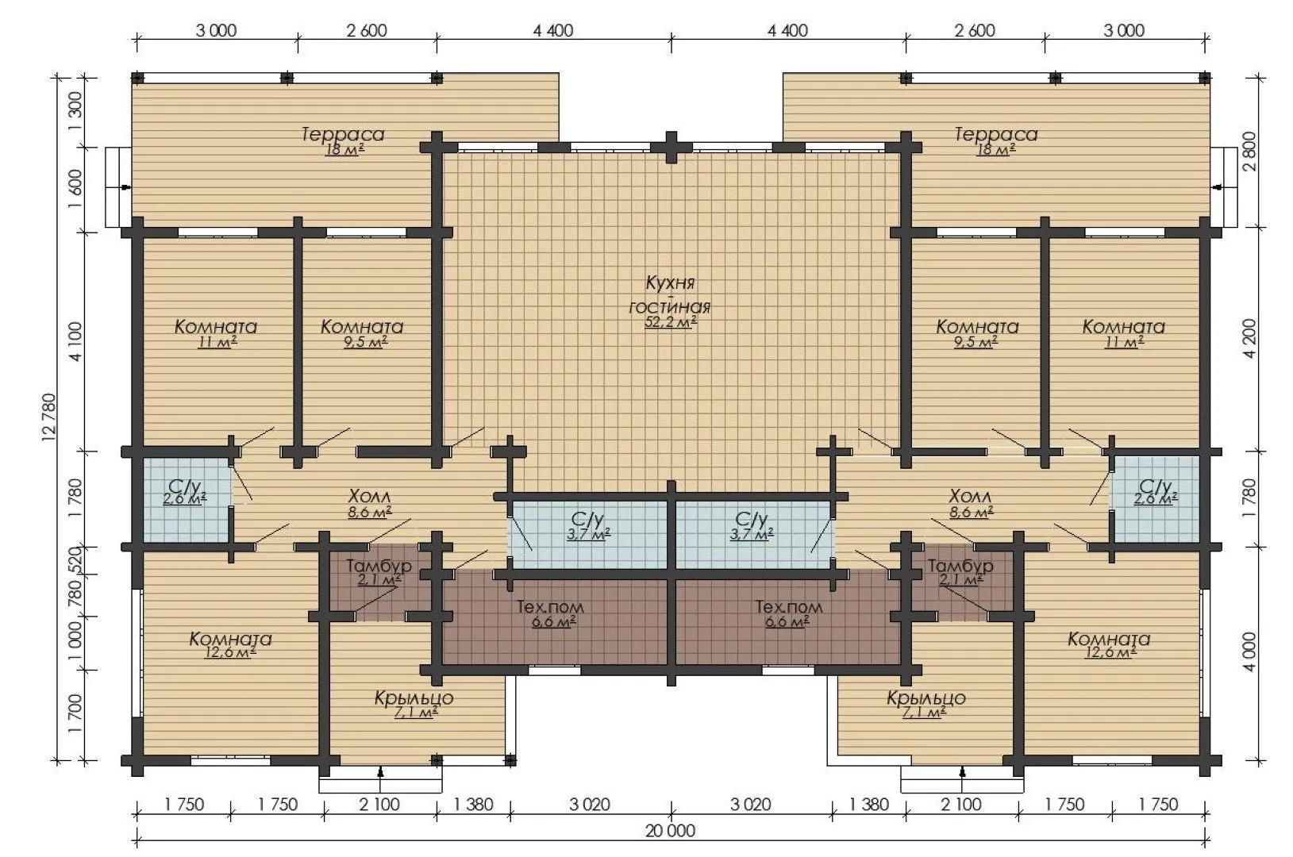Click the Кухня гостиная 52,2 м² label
click(x=670, y=302)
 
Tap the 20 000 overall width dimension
click(x=670, y=831)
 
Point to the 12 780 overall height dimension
click(x=50, y=417)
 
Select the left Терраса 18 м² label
click(x=343, y=141)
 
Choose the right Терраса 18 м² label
click(x=995, y=141)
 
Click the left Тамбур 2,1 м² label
click(x=379, y=572)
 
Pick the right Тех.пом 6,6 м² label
click(x=788, y=613)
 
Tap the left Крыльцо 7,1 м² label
click(x=414, y=705)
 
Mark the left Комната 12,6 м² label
click(x=230, y=644)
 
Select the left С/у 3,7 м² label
click(x=588, y=526)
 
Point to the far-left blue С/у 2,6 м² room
click(x=186, y=499)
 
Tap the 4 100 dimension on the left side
click(x=75, y=342)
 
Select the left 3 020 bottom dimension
click(x=590, y=805)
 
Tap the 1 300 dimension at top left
click(x=75, y=111)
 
